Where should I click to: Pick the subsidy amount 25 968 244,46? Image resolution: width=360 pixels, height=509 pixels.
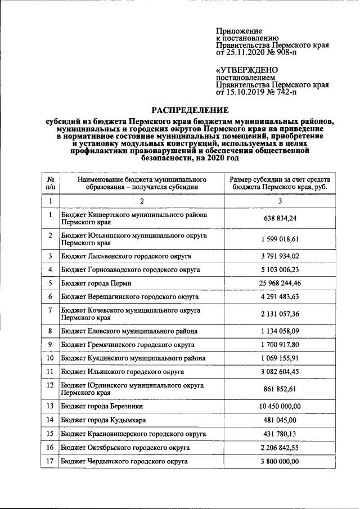[280, 283]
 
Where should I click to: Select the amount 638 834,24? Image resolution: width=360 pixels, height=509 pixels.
[280, 219]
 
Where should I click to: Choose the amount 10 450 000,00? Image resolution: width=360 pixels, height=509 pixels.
[280, 406]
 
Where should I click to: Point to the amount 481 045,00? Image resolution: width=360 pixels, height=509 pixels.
[280, 420]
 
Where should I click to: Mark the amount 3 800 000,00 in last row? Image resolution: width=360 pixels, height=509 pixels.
[280, 462]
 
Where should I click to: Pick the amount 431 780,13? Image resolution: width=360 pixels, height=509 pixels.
[280, 434]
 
